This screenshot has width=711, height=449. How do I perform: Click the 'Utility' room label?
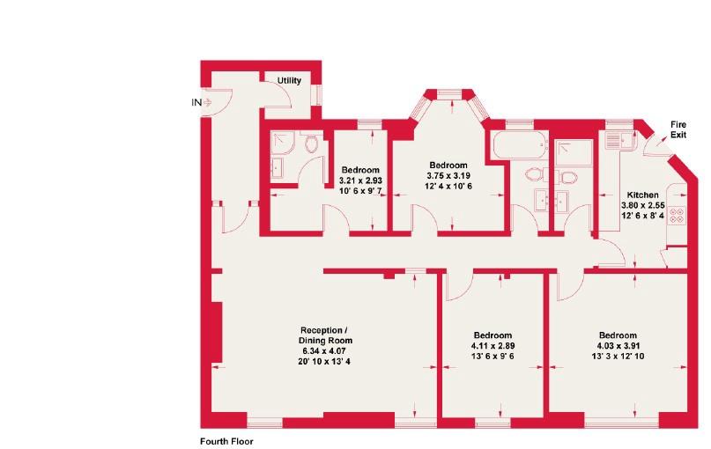point(290,81)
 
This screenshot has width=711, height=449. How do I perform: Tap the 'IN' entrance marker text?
point(196,102)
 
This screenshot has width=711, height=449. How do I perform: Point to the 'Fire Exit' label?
point(678,129)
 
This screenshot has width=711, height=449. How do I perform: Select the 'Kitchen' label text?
point(642,194)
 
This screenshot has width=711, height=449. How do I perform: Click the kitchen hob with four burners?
point(678,215)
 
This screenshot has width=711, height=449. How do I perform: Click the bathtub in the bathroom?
point(518,146)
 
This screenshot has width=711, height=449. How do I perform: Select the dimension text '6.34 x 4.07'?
point(328,350)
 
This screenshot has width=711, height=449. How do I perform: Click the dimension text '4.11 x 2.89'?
point(492,346)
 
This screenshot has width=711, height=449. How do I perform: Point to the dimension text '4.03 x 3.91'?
point(618,346)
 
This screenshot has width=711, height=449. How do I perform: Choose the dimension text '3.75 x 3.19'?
point(448,175)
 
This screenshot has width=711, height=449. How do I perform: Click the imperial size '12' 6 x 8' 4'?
point(642,215)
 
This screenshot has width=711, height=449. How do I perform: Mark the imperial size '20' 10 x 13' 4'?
point(328,362)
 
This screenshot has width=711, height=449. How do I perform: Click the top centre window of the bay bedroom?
point(448,92)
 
